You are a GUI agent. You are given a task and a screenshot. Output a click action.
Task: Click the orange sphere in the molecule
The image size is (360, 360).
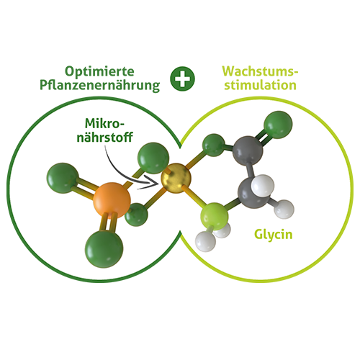tap(112, 200)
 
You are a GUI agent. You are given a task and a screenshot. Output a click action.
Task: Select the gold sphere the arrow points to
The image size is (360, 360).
tap(176, 179)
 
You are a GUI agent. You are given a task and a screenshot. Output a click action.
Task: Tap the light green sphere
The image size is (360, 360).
tap(215, 215)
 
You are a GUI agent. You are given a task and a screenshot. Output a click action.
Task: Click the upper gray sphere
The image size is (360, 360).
tap(248, 150)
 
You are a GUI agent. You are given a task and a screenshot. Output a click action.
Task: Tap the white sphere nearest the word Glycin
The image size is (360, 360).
tap(284, 209)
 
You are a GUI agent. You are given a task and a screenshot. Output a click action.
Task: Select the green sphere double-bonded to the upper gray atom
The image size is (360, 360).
tap(278, 125)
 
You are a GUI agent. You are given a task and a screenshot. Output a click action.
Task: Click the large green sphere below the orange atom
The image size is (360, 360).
tap(104, 249)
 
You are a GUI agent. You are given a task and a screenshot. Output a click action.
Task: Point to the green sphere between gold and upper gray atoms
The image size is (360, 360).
tap(214, 145)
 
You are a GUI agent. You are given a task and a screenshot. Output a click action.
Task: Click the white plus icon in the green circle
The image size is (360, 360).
tap(182, 78)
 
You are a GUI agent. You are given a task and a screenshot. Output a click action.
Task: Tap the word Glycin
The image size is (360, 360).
tap(274, 234)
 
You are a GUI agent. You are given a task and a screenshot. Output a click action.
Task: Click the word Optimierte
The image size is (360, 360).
tap(99, 71)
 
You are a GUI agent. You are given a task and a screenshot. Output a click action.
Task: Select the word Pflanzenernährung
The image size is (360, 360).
tap(99, 86)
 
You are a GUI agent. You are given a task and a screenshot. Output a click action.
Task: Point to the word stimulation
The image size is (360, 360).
tap(260, 85)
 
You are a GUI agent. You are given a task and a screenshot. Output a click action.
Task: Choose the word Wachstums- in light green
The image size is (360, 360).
tap(260, 71)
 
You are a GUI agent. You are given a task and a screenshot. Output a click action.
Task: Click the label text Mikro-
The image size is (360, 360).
tap(105, 123)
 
